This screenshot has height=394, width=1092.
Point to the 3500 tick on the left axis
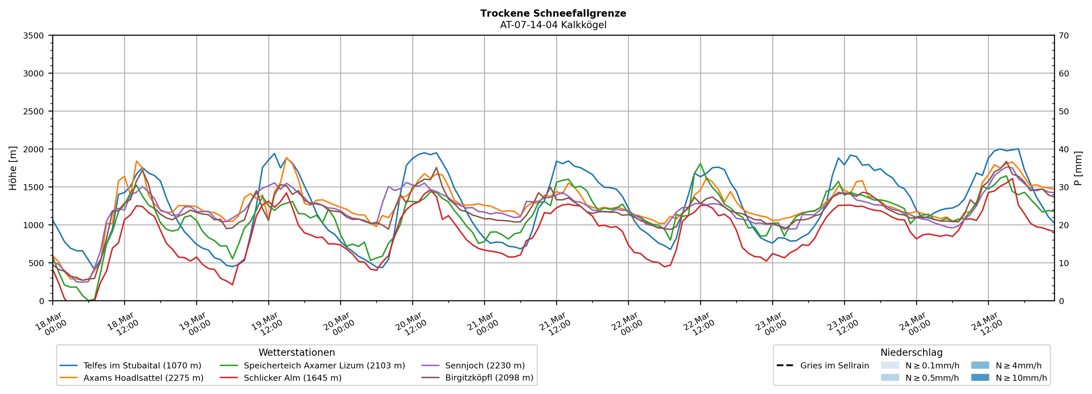pyautogui.click(x=34, y=36)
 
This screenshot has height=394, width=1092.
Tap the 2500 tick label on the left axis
pyautogui.click(x=34, y=112)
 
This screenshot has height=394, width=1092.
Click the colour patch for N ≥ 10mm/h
pyautogui.click(x=980, y=377)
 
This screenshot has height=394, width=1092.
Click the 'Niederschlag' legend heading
pyautogui.click(x=911, y=352)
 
